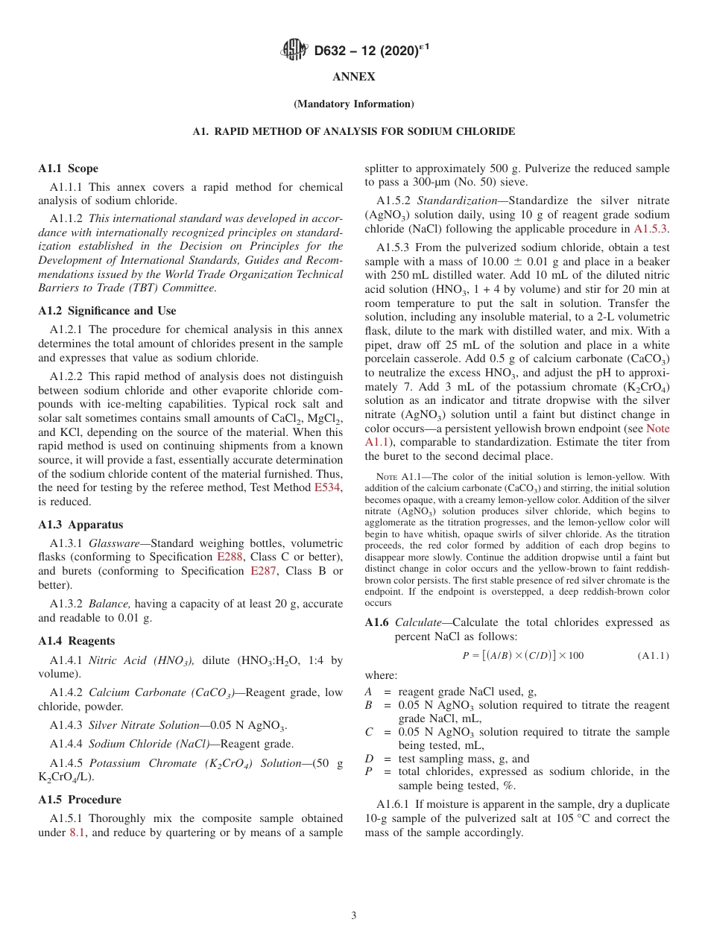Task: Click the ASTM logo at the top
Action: (x=294, y=51)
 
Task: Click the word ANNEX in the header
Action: (x=354, y=77)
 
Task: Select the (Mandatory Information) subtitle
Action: (x=354, y=104)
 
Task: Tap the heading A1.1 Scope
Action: (x=69, y=168)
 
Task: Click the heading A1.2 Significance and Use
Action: (x=107, y=311)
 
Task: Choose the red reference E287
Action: (x=263, y=572)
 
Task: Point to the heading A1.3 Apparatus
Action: (x=81, y=525)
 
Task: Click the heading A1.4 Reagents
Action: (x=77, y=641)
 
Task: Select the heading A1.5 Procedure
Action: (x=80, y=800)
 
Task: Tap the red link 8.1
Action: (x=78, y=832)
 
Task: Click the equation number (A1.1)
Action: (x=653, y=656)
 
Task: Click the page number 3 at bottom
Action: (x=354, y=916)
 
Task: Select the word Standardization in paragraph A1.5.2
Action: (x=455, y=200)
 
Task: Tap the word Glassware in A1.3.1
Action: (x=115, y=543)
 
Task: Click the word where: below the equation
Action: (x=381, y=675)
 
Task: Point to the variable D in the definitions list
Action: (x=370, y=759)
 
